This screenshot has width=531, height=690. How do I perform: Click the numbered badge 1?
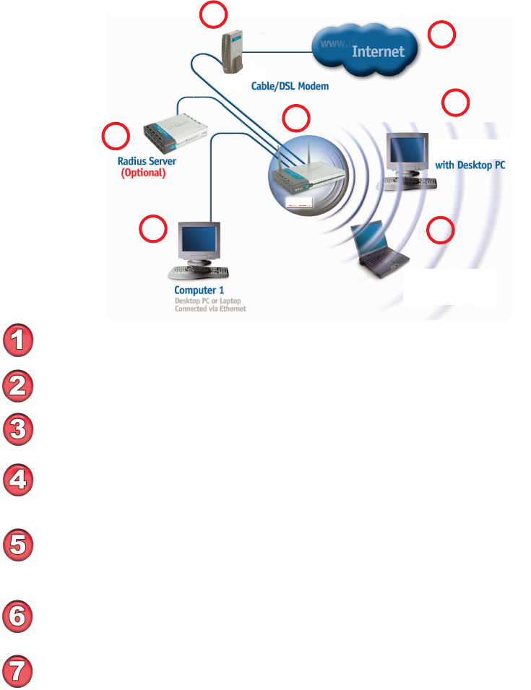click(x=20, y=342)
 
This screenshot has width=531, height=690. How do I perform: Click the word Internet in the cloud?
click(x=378, y=51)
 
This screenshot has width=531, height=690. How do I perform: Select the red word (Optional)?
click(x=142, y=174)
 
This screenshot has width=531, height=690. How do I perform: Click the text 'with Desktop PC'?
click(x=470, y=165)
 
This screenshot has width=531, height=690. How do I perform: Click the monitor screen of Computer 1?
click(x=199, y=238)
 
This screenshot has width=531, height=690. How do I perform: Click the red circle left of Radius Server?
click(x=116, y=136)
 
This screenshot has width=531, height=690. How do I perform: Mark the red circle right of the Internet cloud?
click(x=442, y=35)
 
